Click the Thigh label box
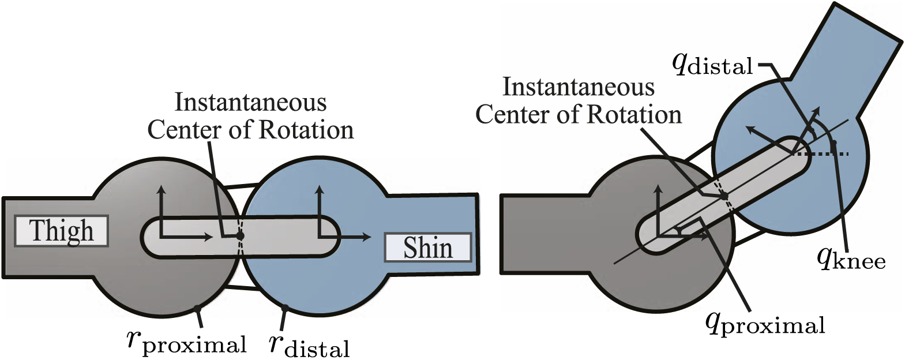61,231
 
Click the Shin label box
427,247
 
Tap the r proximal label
186,342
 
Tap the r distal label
309,344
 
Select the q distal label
713,66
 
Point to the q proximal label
765,324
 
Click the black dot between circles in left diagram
241,236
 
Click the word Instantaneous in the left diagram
250,103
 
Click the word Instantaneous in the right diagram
579,87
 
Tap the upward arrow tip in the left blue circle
319,188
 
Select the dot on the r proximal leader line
197,310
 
